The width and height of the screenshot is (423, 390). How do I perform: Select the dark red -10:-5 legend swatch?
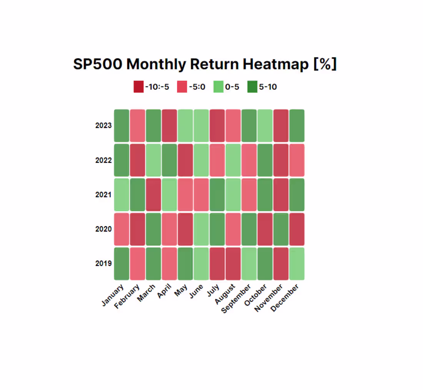point(138,87)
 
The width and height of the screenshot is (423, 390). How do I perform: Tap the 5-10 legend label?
point(268,87)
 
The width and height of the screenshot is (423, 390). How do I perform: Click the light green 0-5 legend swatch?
point(218,87)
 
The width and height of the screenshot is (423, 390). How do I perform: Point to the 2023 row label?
point(103,126)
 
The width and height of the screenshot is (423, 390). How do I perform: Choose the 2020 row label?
point(103,229)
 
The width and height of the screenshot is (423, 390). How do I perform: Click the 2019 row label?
point(103,264)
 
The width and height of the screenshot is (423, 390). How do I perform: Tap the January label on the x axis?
point(113,295)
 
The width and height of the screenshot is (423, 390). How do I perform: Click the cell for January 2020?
point(122,229)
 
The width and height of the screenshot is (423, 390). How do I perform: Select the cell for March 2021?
point(153,195)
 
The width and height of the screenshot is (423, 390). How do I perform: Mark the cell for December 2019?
point(297,264)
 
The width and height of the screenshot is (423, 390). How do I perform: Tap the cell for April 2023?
point(169,126)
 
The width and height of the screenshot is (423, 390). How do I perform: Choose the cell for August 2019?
point(233,264)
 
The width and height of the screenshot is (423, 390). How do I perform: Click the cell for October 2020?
point(265,229)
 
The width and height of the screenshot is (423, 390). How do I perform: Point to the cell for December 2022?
point(297,160)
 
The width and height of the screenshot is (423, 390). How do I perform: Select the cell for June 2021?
point(201,195)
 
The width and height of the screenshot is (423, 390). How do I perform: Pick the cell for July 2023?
point(217,126)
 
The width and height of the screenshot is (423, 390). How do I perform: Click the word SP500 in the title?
point(98,64)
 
